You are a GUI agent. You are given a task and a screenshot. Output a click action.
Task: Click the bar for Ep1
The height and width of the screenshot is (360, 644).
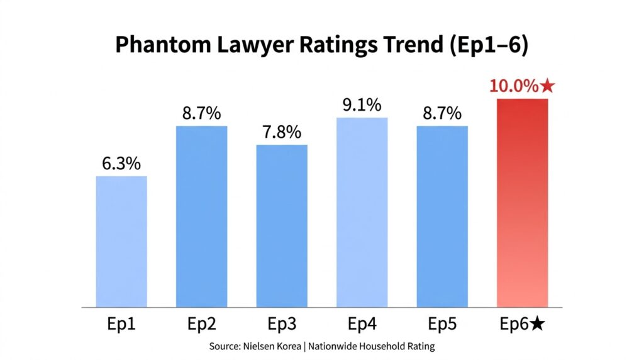[x=121, y=242]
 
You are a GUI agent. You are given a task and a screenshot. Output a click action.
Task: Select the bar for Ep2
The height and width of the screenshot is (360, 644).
[x=202, y=217]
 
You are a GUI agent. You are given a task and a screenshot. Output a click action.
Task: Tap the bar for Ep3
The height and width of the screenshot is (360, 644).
[x=282, y=226]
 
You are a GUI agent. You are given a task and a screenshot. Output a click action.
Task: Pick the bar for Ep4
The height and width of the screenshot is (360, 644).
[x=362, y=212]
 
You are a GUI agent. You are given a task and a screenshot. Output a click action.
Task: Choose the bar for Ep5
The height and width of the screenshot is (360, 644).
[x=442, y=217]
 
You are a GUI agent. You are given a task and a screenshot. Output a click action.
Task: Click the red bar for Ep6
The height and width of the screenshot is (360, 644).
[x=523, y=203]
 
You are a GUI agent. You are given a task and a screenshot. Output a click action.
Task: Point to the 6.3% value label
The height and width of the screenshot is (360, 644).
[x=121, y=164]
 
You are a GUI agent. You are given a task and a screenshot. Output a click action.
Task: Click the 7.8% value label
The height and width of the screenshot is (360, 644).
[x=282, y=133]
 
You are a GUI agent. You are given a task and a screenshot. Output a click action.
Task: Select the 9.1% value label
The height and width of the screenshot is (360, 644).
[x=362, y=105]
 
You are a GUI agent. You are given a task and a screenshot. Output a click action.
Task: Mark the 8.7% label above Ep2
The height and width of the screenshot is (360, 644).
[x=202, y=114]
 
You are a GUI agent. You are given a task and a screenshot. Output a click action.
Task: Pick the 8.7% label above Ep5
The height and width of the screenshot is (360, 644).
[x=442, y=114]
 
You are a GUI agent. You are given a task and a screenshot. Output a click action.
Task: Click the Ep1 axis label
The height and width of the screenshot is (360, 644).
[x=121, y=325]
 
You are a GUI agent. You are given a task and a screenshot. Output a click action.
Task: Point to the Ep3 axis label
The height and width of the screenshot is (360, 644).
[x=282, y=325]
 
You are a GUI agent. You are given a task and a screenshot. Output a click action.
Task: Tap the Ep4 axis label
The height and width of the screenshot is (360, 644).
[x=362, y=325]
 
